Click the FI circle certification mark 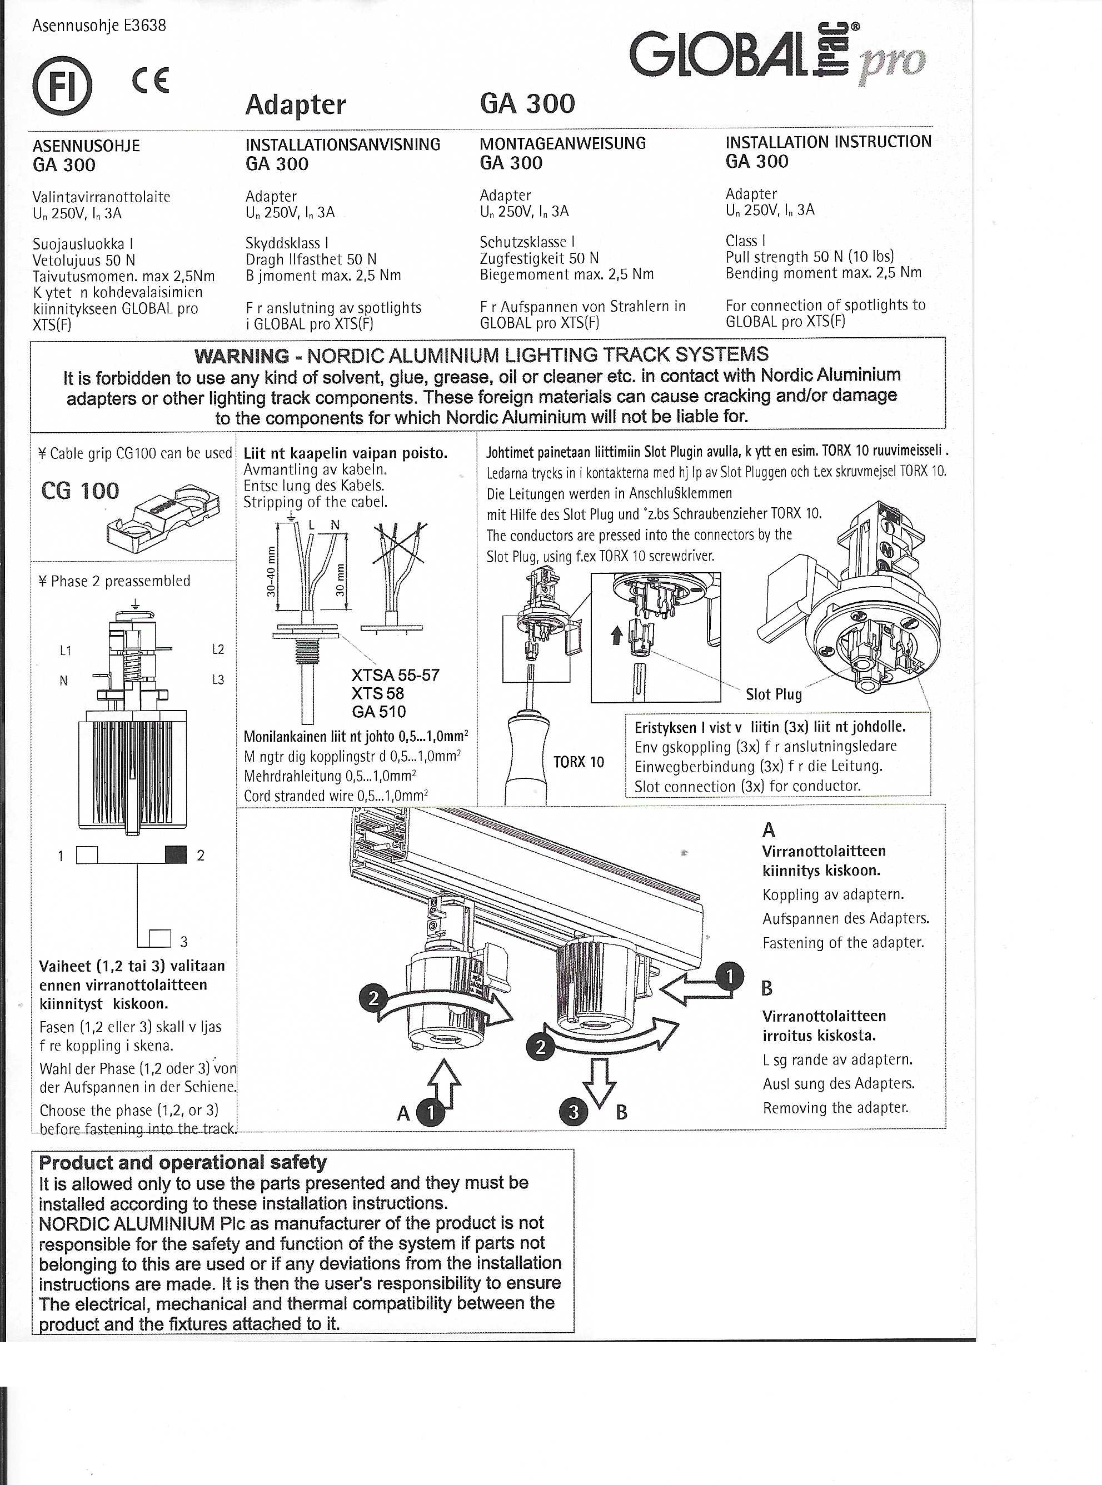[62, 86]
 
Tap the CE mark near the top [151, 81]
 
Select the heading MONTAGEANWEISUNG [562, 143]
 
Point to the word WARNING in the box [242, 356]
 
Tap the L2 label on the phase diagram [217, 649]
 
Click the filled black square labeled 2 [176, 854]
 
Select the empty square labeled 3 [160, 938]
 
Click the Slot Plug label [773, 694]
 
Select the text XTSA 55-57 [396, 675]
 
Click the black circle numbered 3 [574, 1112]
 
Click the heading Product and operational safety [183, 1162]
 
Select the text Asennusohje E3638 [99, 26]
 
